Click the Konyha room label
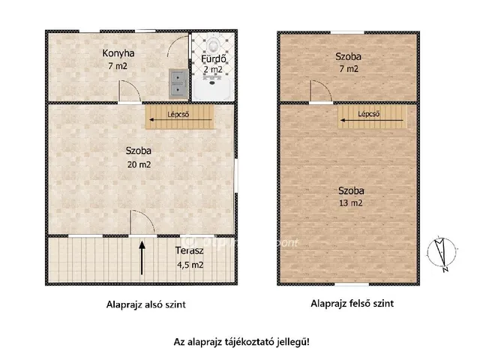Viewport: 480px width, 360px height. [x=118, y=53]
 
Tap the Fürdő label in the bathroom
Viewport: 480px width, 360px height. [x=213, y=58]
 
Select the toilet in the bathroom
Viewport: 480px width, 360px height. [x=212, y=45]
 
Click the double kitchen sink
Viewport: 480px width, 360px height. [x=178, y=83]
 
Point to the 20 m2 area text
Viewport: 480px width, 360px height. [x=139, y=165]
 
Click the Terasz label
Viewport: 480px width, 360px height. [x=189, y=250]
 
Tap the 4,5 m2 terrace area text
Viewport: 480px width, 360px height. [x=190, y=265]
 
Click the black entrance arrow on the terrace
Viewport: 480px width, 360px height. [x=142, y=258]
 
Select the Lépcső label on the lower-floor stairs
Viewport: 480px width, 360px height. [x=178, y=115]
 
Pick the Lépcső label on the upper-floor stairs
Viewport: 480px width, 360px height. [x=369, y=114]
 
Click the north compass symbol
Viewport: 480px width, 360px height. [x=442, y=253]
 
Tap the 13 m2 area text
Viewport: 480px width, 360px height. [x=351, y=203]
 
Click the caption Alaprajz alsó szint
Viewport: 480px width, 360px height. [x=146, y=304]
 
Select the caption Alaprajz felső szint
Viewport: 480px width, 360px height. [x=352, y=303]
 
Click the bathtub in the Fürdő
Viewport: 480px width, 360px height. [x=212, y=89]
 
